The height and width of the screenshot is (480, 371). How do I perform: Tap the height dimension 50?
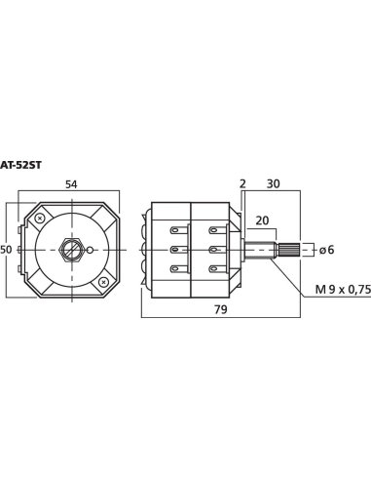(6, 250)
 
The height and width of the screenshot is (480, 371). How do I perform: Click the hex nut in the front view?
(71, 250)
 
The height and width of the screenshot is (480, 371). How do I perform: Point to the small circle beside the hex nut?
(91, 250)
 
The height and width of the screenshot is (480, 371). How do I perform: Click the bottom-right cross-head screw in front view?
(104, 283)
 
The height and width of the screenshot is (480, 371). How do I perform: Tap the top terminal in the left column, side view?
(178, 230)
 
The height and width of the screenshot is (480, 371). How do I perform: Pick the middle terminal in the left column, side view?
(178, 250)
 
